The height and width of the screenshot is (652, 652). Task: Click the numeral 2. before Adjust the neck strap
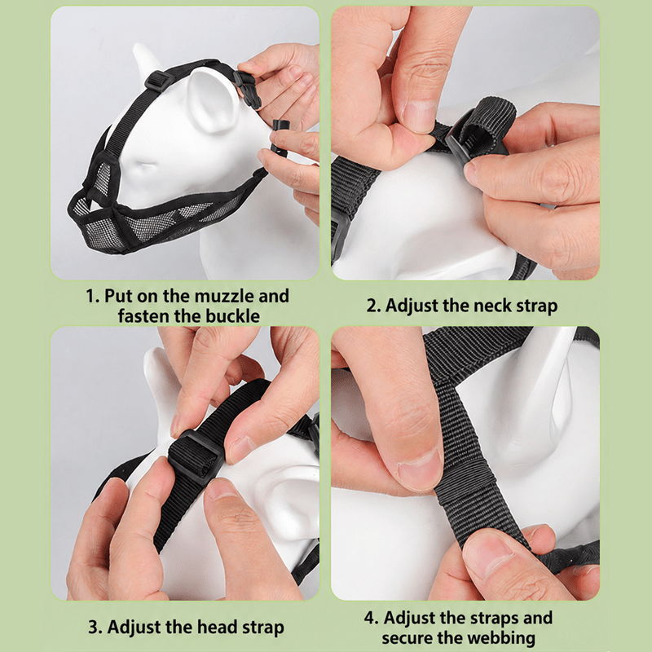[x=373, y=306]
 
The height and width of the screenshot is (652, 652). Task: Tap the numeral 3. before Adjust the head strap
[x=95, y=628]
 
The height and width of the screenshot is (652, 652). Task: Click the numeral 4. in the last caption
[x=371, y=619]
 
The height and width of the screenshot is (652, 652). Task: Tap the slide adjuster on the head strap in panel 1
[x=159, y=80]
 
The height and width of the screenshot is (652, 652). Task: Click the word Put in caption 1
[x=118, y=296]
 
